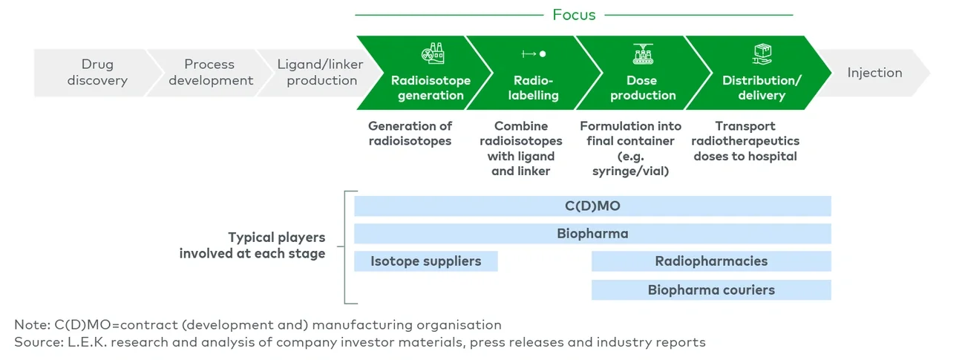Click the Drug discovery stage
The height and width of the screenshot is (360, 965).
pyautogui.click(x=97, y=73)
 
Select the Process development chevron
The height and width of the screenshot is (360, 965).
pyautogui.click(x=210, y=73)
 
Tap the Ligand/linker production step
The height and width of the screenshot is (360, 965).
pyautogui.click(x=321, y=73)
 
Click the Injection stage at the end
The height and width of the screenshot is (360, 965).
pyautogui.click(x=874, y=73)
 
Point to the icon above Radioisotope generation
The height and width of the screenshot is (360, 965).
pyautogui.click(x=431, y=53)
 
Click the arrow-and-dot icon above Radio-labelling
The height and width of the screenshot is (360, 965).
pyautogui.click(x=534, y=54)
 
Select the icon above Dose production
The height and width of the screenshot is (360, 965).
pyautogui.click(x=642, y=53)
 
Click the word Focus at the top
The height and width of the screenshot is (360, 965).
pyautogui.click(x=574, y=15)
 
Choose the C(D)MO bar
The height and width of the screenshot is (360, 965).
pyautogui.click(x=592, y=206)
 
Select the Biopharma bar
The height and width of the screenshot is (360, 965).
pyautogui.click(x=592, y=234)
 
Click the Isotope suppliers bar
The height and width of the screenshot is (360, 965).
pyautogui.click(x=426, y=261)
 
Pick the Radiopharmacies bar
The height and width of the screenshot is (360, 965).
pyautogui.click(x=710, y=261)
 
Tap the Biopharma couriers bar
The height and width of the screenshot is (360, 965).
pyautogui.click(x=710, y=290)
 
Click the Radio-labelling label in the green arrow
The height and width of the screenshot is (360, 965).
pyautogui.click(x=534, y=88)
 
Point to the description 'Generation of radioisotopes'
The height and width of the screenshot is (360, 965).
pyautogui.click(x=410, y=134)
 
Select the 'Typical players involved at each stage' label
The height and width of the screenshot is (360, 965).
pyautogui.click(x=252, y=246)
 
